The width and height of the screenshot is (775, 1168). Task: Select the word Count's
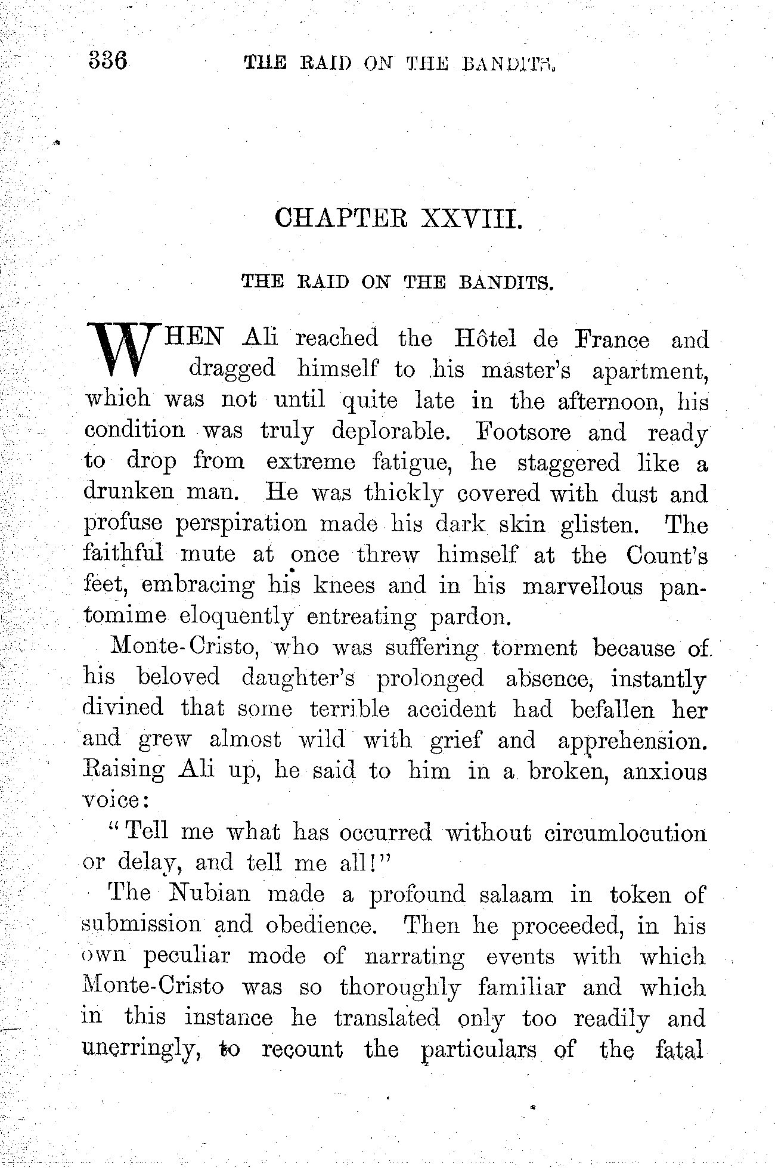(668, 556)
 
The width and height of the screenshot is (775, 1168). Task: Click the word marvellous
(582, 587)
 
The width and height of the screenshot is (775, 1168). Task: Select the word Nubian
(208, 894)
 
